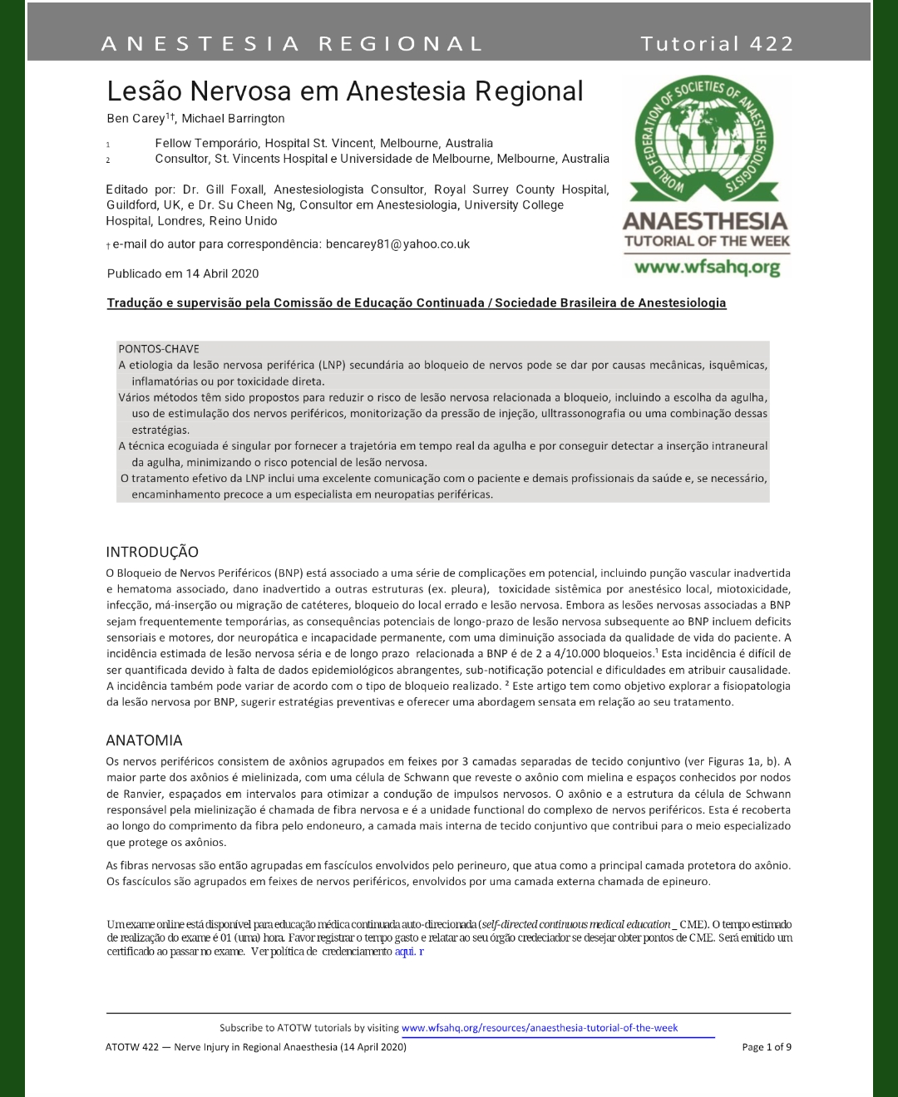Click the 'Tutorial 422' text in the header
(717, 43)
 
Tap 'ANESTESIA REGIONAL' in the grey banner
(292, 43)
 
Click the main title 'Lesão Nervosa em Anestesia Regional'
(345, 91)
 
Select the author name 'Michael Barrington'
(234, 119)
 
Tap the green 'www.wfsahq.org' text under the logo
(707, 268)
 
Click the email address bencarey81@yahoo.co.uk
(397, 244)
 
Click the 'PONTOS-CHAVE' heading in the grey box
(159, 349)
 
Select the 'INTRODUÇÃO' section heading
(152, 552)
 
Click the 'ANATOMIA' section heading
(144, 740)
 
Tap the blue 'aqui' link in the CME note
(405, 952)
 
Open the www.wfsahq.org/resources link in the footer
(540, 1028)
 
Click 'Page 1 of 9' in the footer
(767, 1047)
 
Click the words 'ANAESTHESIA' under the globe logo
(705, 221)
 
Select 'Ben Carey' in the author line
(136, 119)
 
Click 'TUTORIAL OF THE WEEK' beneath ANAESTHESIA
(707, 242)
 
